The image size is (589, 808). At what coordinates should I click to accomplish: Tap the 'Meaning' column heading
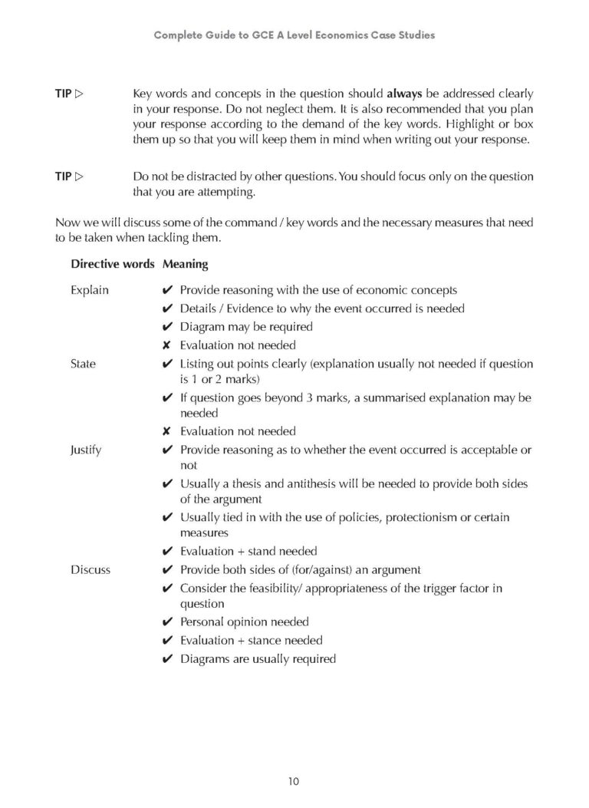click(185, 264)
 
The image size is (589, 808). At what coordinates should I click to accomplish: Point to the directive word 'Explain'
click(89, 290)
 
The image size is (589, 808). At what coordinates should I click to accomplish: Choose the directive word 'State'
click(83, 364)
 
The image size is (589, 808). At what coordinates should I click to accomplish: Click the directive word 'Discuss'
click(90, 569)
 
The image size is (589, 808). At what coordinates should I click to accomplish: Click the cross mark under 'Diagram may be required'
click(166, 345)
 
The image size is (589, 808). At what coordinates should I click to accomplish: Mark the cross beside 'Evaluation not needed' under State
click(166, 431)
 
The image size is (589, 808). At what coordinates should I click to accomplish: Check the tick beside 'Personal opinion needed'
click(166, 622)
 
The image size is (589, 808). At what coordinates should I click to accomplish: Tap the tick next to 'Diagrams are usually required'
click(166, 658)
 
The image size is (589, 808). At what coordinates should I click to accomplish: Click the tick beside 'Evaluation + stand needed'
click(166, 551)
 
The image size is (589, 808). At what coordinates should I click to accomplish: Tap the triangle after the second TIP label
click(79, 176)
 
